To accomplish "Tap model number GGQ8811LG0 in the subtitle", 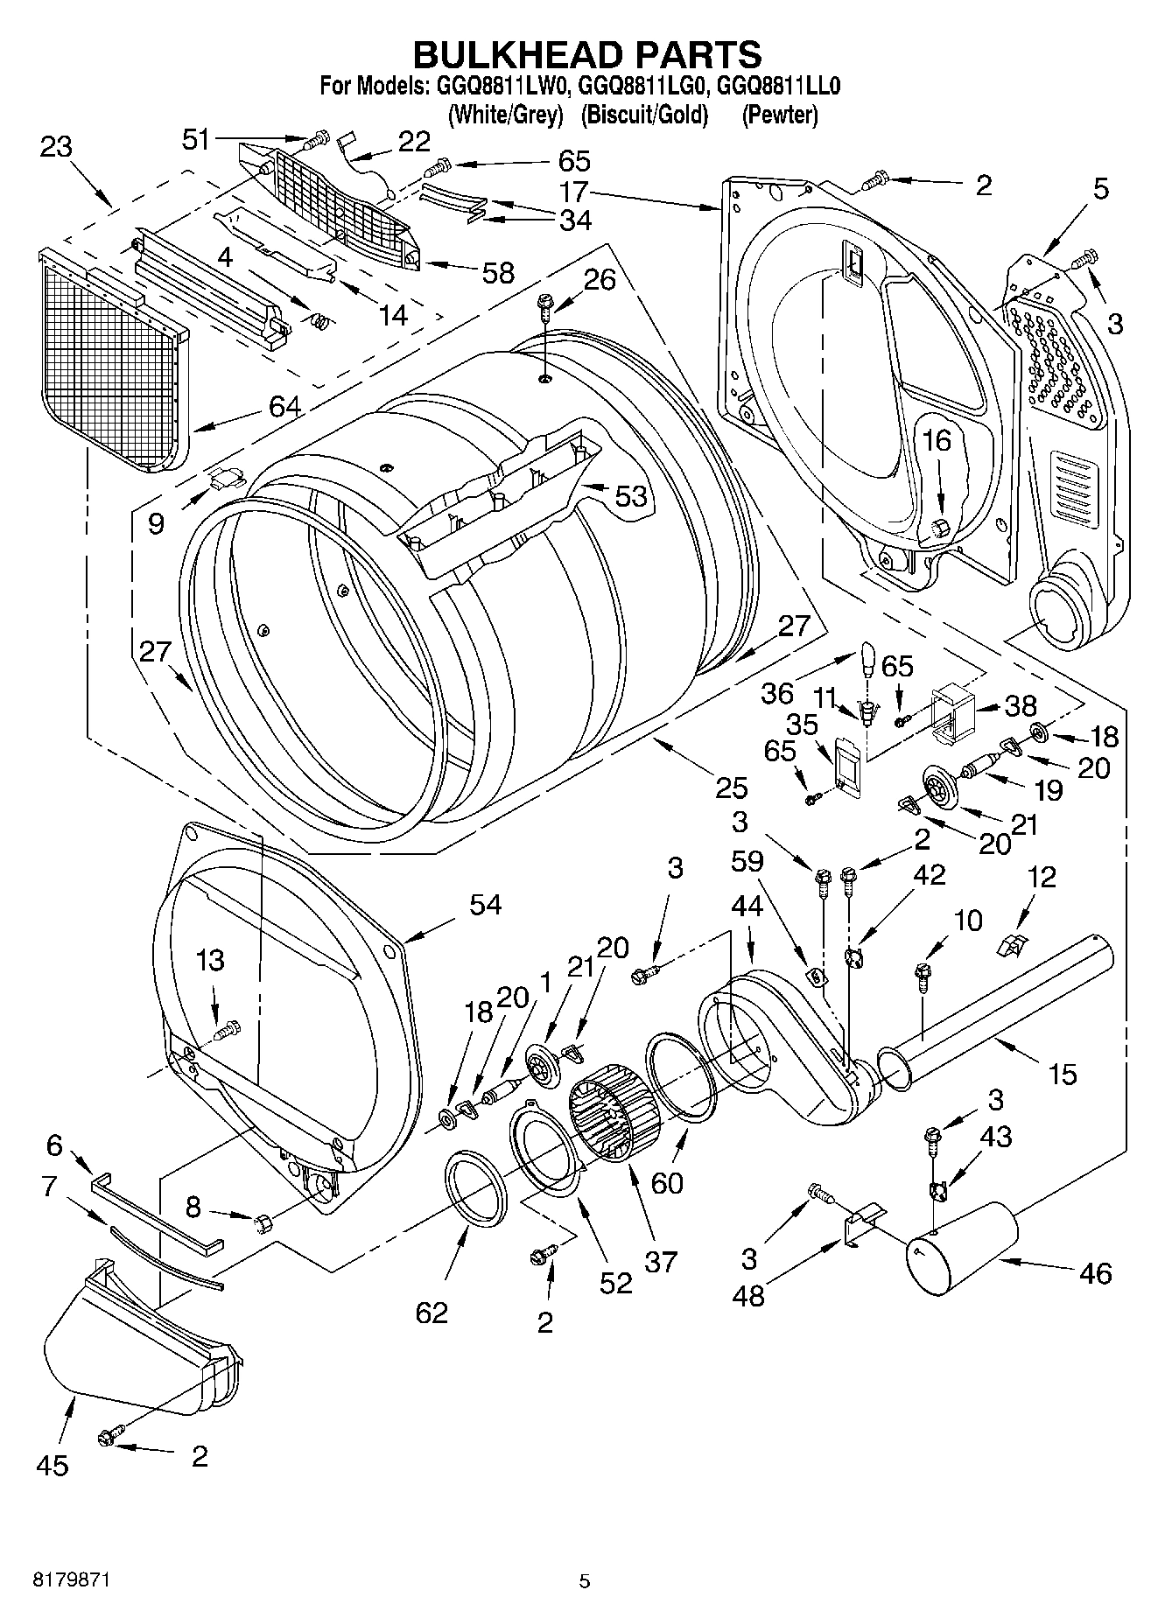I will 643,87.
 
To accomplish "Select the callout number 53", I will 630,496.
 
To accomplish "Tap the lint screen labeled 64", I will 114,359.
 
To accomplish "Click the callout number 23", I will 55,146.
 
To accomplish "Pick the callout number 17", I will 573,191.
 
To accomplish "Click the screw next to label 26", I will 545,305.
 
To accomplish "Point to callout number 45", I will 53,1465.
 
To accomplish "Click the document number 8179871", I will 71,1579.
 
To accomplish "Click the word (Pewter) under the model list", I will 779,115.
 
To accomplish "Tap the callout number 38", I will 1020,704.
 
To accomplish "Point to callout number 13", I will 211,960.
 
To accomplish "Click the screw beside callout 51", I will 319,137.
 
